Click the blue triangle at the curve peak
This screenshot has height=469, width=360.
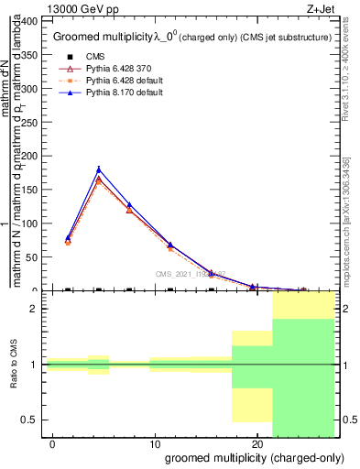point(99,169)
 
